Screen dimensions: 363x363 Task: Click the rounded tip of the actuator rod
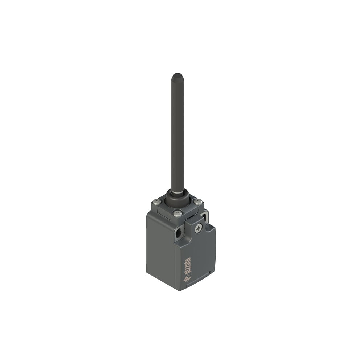(x=177, y=76)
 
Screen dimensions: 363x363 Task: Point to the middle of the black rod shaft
(x=178, y=134)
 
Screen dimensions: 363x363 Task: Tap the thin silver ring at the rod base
(x=178, y=192)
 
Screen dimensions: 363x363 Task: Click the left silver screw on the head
(x=157, y=202)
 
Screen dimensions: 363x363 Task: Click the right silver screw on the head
(x=197, y=202)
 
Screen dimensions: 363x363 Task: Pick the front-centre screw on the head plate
(x=178, y=213)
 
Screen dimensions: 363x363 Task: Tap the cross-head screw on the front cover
(x=198, y=228)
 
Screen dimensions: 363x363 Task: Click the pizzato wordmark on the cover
(x=187, y=267)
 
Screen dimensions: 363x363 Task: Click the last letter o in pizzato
(x=188, y=260)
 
